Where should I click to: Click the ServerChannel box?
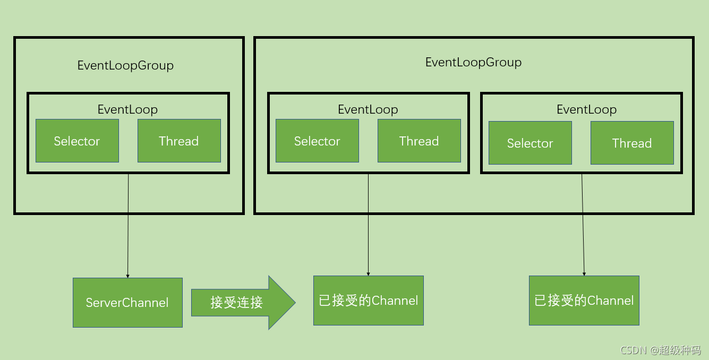coord(127,303)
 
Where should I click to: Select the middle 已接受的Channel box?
coord(368,301)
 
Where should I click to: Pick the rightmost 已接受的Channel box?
coord(584,301)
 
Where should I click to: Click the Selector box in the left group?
coord(77,141)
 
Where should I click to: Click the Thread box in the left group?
coord(179,141)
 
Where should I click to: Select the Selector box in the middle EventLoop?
coord(317,141)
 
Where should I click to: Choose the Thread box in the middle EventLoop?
coord(419,141)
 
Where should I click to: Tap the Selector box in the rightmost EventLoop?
coord(530,143)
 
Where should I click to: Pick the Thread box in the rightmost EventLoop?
coord(632,143)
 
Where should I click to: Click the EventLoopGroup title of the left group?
coord(125,65)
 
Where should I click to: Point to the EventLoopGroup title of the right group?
coord(473,62)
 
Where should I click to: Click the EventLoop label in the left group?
coord(127,109)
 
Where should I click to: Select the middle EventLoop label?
coord(368,109)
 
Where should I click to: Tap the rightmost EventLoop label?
coord(586,109)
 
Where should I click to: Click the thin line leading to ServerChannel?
coord(128,223)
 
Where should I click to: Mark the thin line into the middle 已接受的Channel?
coord(368,223)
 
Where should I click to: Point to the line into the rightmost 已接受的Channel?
coord(583,223)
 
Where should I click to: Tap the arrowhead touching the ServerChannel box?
coord(127,276)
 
